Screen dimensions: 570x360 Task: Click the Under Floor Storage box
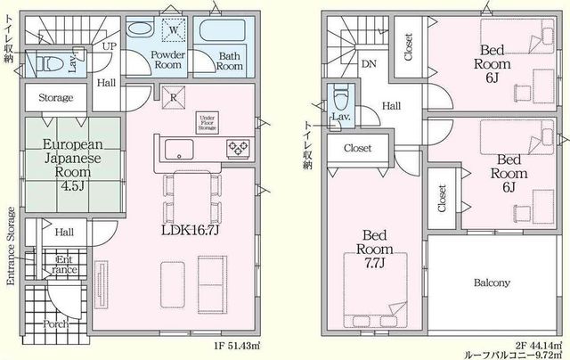(208, 123)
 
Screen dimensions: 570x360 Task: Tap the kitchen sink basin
(179, 149)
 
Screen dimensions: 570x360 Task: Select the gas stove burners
(238, 149)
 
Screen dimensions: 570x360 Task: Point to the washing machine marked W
(174, 29)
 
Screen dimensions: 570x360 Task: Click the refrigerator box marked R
(174, 97)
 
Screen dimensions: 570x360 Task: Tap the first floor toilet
(50, 64)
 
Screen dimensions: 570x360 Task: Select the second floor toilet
(340, 97)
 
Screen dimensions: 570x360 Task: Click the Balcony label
(492, 282)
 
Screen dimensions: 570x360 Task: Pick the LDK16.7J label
(190, 229)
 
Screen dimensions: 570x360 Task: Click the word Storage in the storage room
(55, 97)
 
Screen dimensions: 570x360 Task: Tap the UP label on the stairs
(110, 46)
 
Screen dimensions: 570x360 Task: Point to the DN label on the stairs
(369, 64)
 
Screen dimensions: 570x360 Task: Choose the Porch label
(55, 323)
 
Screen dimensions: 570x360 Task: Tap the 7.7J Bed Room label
(374, 250)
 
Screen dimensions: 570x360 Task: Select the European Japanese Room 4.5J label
(73, 165)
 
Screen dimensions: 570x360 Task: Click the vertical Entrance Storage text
(11, 246)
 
